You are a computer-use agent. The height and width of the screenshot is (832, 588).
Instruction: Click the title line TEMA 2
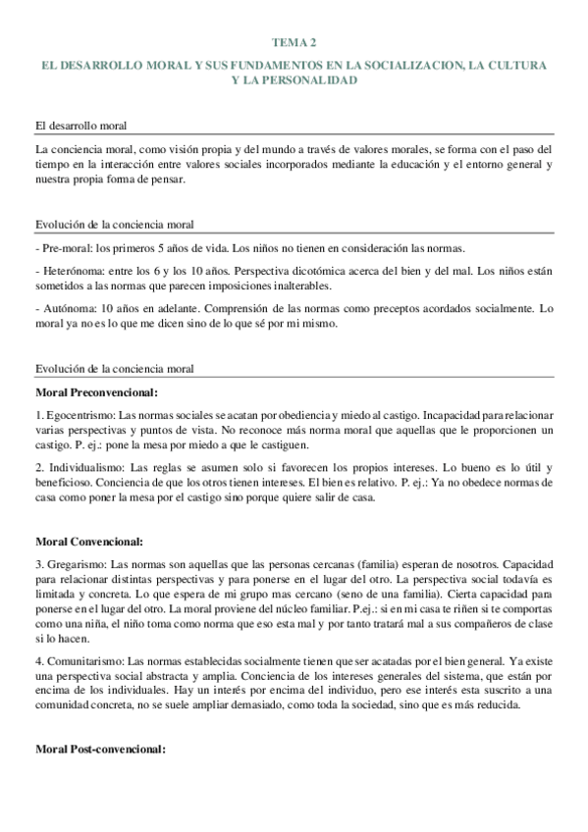click(294, 43)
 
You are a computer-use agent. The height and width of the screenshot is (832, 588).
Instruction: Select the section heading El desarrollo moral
click(86, 126)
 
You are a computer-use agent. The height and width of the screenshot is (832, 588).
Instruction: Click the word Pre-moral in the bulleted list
click(65, 247)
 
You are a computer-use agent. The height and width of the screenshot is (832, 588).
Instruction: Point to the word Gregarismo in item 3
click(75, 564)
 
